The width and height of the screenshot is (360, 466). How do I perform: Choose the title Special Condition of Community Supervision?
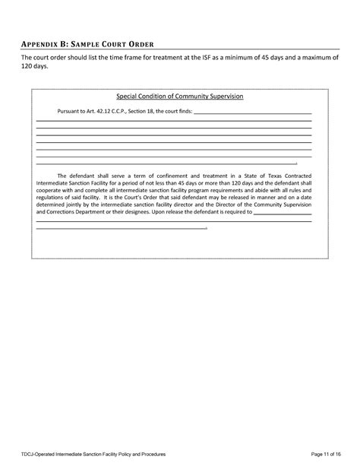179,97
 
